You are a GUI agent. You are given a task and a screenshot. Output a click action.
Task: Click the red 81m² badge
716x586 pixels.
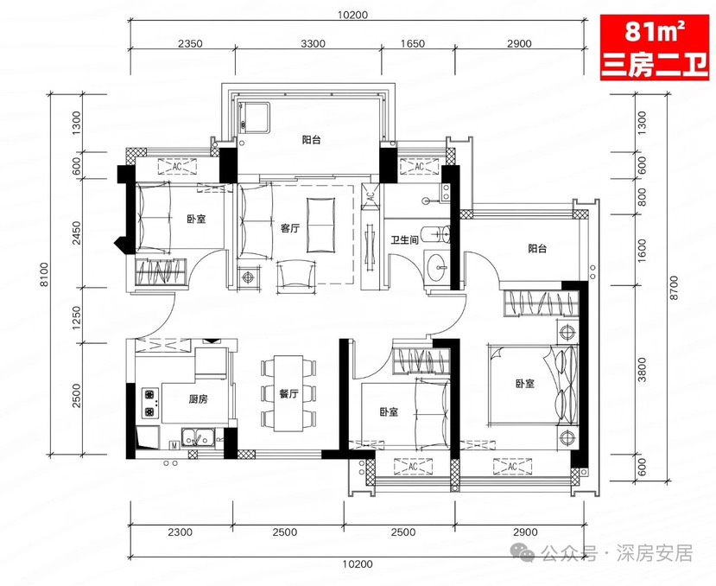[654, 48]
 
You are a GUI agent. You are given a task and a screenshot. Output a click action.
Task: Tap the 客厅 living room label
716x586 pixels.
[290, 228]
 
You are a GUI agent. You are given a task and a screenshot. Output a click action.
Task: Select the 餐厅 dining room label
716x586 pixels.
[288, 393]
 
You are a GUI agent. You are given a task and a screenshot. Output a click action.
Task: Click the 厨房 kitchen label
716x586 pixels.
[198, 399]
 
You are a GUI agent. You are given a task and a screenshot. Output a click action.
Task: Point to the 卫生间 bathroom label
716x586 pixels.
[404, 239]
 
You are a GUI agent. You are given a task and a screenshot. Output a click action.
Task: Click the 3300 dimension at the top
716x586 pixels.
[314, 43]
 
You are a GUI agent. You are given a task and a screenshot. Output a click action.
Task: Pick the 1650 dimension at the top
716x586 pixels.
[413, 43]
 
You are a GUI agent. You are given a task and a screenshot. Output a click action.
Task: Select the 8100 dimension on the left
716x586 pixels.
[44, 274]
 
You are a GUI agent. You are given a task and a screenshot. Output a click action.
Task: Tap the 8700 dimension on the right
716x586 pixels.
[674, 287]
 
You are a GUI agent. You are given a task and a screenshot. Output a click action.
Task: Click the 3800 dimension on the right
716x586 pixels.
[643, 369]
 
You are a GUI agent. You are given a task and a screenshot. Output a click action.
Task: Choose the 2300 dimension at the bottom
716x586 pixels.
[181, 532]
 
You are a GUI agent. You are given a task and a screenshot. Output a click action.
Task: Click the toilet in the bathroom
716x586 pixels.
[436, 235]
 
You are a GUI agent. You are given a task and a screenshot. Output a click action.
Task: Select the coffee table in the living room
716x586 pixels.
[320, 225]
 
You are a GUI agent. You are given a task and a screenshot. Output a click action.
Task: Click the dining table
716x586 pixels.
[288, 393]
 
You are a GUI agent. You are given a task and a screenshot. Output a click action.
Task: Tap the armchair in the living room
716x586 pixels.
[297, 274]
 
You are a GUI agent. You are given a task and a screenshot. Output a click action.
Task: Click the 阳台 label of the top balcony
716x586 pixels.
[312, 140]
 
